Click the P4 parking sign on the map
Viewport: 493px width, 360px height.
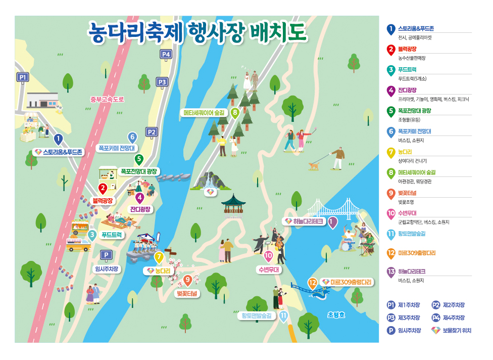(166, 54)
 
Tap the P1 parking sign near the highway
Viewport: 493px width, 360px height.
(22, 77)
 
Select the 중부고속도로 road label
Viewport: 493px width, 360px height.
(107, 99)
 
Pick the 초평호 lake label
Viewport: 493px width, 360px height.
(336, 314)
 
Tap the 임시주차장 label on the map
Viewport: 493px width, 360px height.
(106, 268)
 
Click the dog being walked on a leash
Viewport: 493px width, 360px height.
(314, 165)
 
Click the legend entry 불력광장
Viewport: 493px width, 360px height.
(407, 49)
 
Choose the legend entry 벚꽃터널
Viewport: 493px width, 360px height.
(407, 193)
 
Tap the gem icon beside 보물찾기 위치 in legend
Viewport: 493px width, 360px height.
(435, 331)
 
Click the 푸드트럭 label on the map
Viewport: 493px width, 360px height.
(111, 235)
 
